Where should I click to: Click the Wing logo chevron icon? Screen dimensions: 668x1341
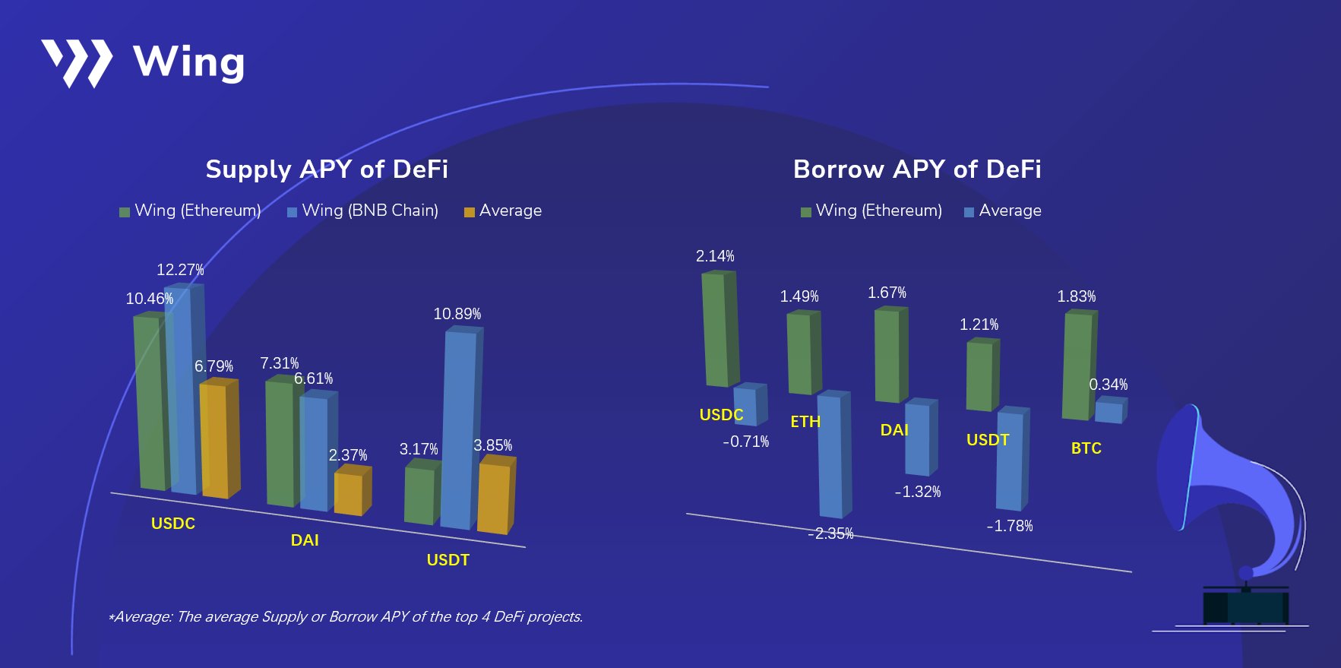(x=77, y=62)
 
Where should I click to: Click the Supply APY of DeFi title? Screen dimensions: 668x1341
(x=327, y=169)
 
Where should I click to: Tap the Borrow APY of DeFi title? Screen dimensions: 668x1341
(x=916, y=169)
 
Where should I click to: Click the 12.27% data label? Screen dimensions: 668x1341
(x=180, y=270)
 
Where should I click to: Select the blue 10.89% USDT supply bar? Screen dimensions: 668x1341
(x=460, y=426)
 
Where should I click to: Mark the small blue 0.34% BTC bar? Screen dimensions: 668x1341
(x=1109, y=410)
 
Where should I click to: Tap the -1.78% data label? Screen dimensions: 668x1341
(x=1009, y=526)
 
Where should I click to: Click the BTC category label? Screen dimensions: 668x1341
(x=1086, y=448)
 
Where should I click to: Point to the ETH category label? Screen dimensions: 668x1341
(x=805, y=422)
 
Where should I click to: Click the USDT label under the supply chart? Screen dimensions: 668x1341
(x=448, y=560)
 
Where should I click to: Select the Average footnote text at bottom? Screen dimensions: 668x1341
(x=346, y=616)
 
